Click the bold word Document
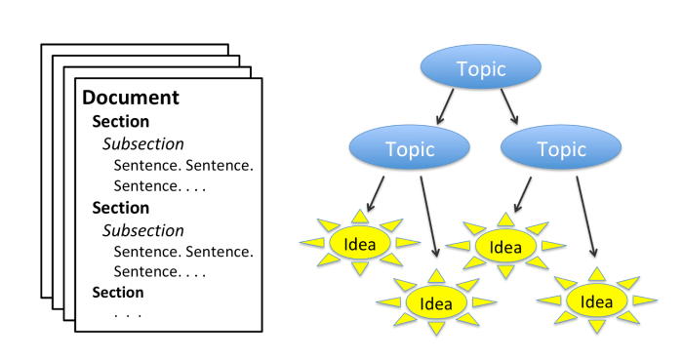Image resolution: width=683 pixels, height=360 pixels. pyautogui.click(x=131, y=98)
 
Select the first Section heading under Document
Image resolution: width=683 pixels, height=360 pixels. pyautogui.click(x=121, y=122)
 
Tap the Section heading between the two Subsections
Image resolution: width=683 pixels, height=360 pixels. pyautogui.click(x=121, y=208)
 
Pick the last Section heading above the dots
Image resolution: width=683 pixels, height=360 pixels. pyautogui.click(x=118, y=292)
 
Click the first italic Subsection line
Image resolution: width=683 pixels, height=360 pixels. pyautogui.click(x=143, y=143)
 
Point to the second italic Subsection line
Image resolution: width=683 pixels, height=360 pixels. pyautogui.click(x=143, y=230)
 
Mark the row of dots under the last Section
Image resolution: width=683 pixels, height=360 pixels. pyautogui.click(x=128, y=314)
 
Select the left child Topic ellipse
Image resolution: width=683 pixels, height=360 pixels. pyautogui.click(x=406, y=149)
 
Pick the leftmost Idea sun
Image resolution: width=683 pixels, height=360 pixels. pyautogui.click(x=357, y=243)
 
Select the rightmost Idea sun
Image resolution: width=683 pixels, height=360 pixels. pyautogui.click(x=595, y=301)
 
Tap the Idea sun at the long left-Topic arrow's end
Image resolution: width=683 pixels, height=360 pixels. pyautogui.click(x=435, y=302)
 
